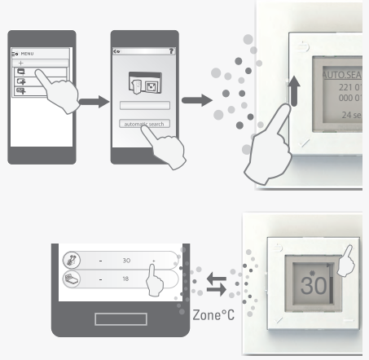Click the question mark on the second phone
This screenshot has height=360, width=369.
coord(171,49)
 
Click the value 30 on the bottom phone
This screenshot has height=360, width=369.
coord(126,262)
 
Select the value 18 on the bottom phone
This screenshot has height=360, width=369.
coord(126,279)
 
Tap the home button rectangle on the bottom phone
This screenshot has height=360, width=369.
coord(119,319)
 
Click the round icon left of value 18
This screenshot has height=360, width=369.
coord(72,279)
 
